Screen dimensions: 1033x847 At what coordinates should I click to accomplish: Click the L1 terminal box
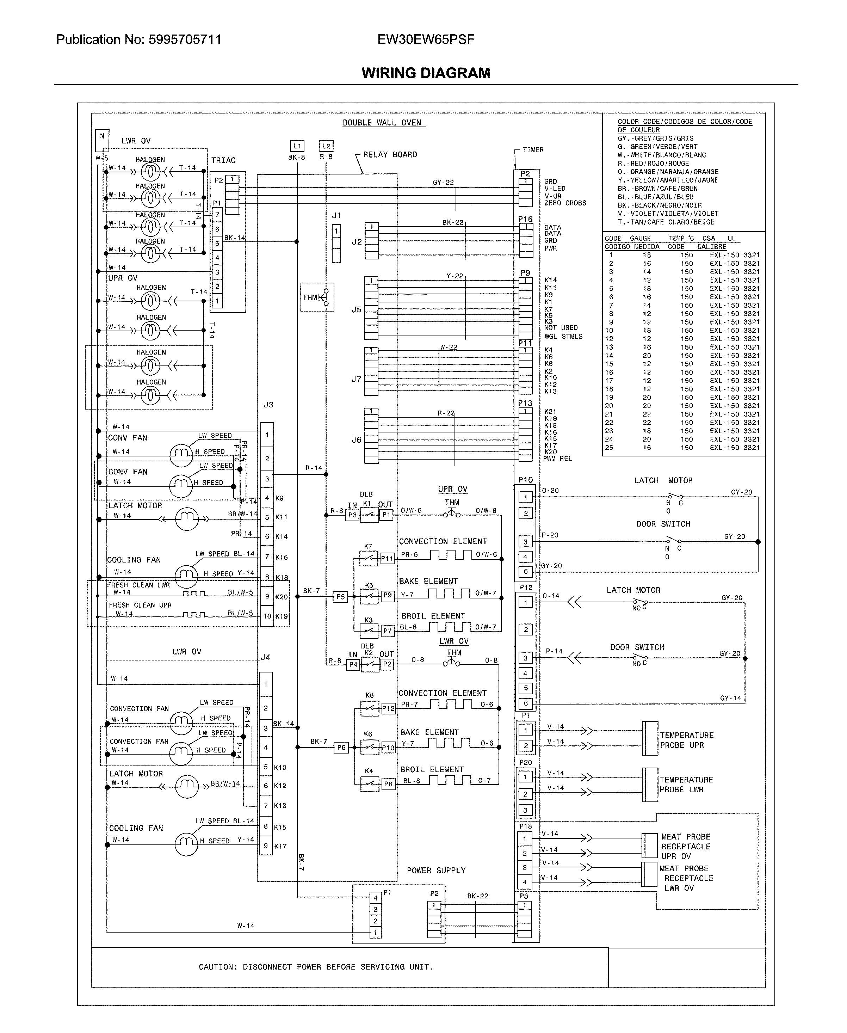pyautogui.click(x=297, y=146)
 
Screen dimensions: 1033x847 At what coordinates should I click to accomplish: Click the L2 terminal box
pyautogui.click(x=326, y=146)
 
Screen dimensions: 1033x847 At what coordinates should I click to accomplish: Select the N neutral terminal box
pyautogui.click(x=102, y=137)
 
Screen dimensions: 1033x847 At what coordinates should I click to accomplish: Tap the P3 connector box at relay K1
pyautogui.click(x=352, y=515)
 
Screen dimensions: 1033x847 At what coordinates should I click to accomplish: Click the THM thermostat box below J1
pyautogui.click(x=317, y=297)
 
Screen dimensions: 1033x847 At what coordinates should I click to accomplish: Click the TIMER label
pyautogui.click(x=533, y=150)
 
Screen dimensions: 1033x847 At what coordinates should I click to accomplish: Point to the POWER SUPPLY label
pyautogui.click(x=436, y=870)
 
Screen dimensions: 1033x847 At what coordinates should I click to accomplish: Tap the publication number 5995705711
pyautogui.click(x=185, y=39)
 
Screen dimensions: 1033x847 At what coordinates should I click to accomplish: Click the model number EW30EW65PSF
pyautogui.click(x=426, y=39)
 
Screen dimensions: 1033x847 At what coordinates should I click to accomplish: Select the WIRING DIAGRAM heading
pyautogui.click(x=426, y=73)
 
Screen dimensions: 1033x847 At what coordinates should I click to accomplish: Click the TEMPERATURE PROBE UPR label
pyautogui.click(x=686, y=740)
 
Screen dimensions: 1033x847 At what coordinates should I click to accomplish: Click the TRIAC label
pyautogui.click(x=223, y=161)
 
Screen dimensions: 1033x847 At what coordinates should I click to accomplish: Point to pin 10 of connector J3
pyautogui.click(x=267, y=616)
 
